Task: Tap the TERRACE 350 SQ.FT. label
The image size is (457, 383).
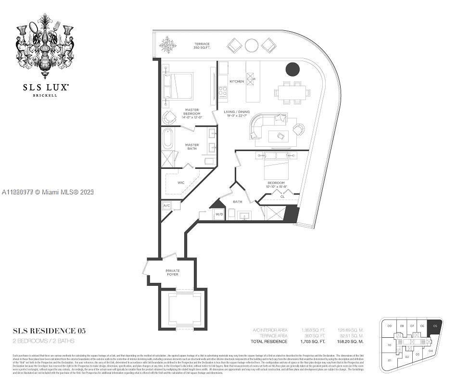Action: point(202,46)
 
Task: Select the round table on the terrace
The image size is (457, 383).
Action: point(252,45)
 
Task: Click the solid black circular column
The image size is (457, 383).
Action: point(292,69)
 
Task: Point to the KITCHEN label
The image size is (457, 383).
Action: point(237,81)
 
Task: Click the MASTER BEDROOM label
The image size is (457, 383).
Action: point(192,113)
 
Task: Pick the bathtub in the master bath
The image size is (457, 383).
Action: point(168,139)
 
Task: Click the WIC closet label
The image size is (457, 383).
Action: point(181,182)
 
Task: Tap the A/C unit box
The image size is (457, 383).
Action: point(167,205)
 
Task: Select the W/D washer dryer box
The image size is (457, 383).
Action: point(219,214)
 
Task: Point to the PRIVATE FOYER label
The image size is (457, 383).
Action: point(172,272)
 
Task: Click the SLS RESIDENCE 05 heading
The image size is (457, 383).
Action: point(50,331)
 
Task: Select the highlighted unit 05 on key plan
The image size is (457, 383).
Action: point(435,326)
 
